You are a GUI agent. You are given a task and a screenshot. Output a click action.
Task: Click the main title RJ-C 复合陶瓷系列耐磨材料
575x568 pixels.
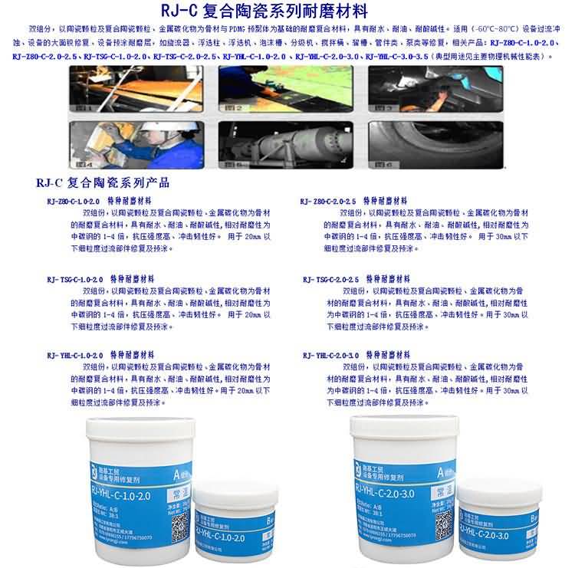point(287,12)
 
